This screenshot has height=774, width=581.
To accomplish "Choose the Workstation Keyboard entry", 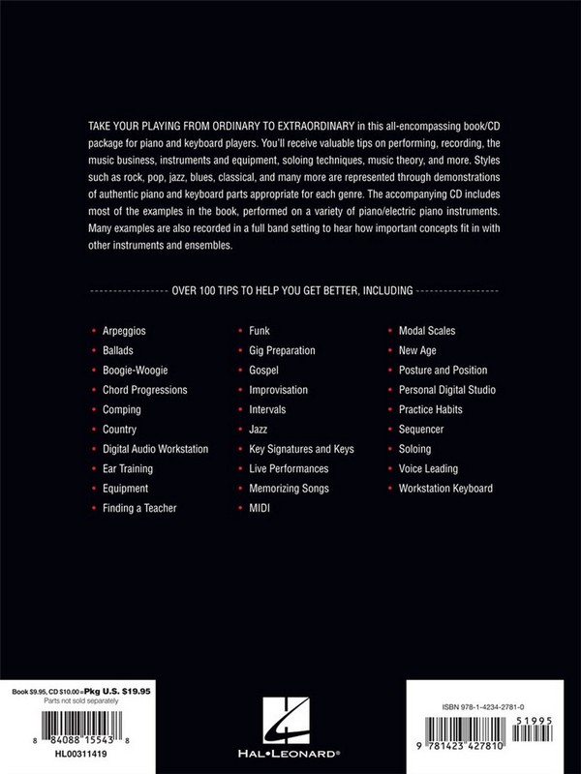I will pyautogui.click(x=445, y=489).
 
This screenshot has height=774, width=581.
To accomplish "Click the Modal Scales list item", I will pyautogui.click(x=427, y=331).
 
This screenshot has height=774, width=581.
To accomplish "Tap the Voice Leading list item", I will pyautogui.click(x=429, y=469).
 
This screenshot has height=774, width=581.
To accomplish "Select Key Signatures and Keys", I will pyautogui.click(x=302, y=449).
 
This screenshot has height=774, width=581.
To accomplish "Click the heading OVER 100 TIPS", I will pyautogui.click(x=291, y=289).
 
